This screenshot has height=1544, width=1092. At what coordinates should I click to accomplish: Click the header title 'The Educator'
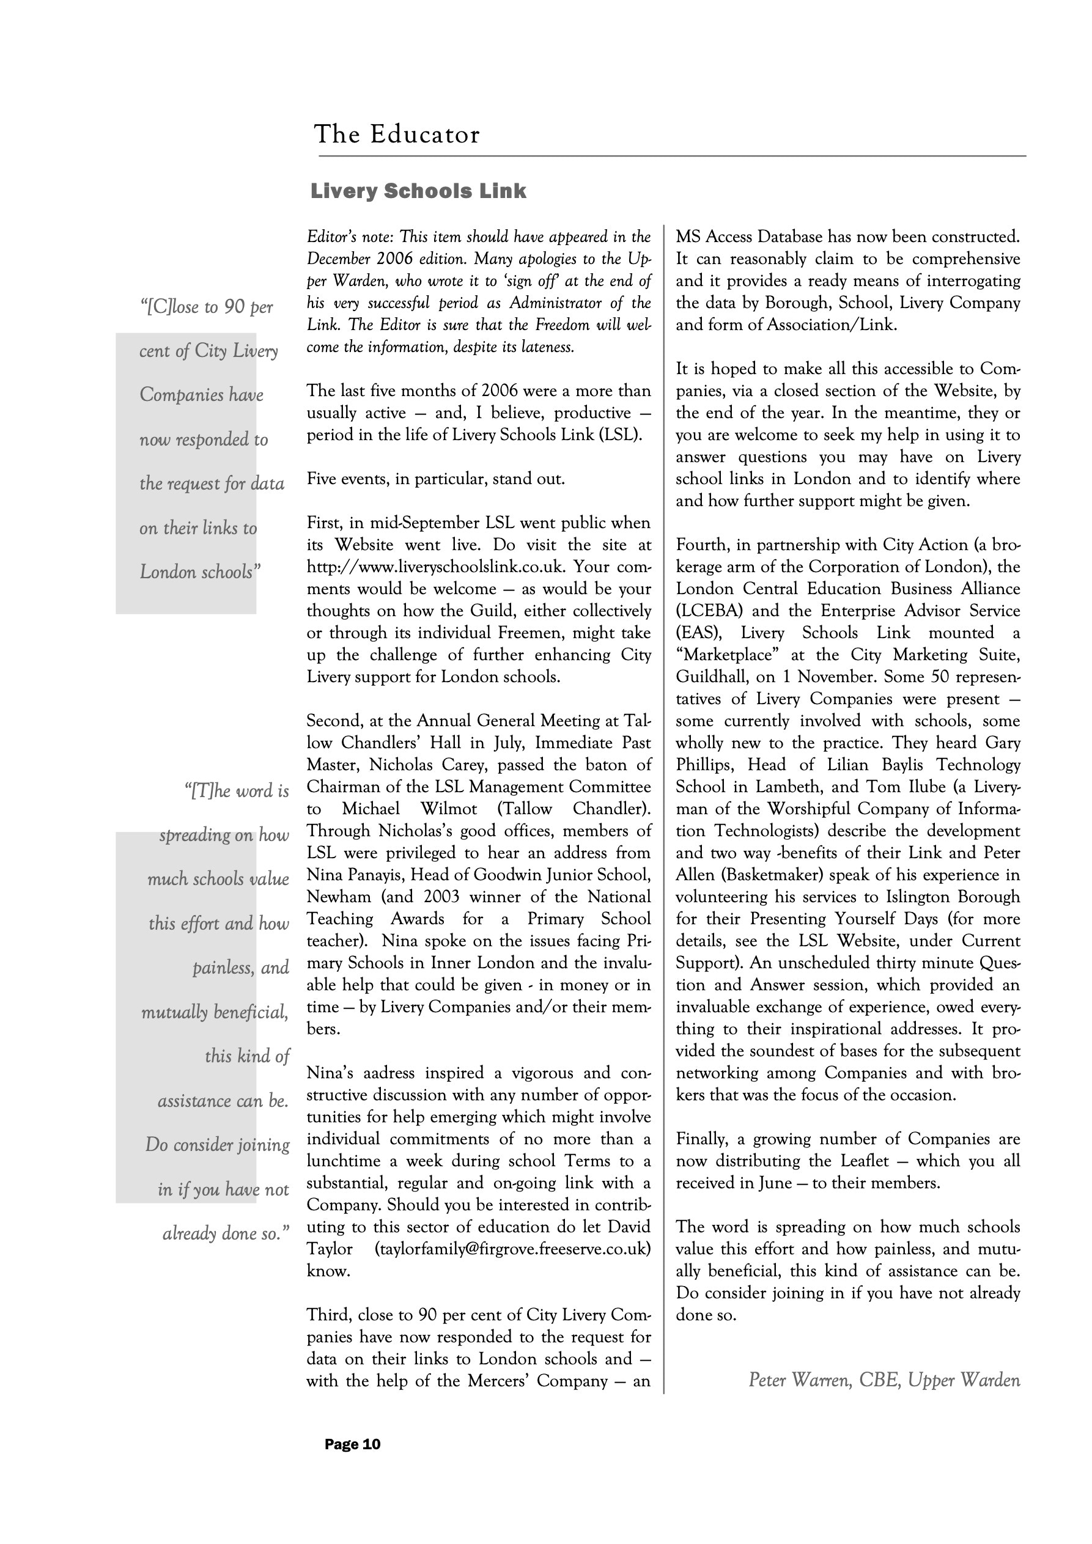397,134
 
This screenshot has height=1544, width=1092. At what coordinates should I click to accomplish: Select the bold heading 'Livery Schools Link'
418,192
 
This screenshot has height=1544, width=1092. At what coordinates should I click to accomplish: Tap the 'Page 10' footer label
353,1444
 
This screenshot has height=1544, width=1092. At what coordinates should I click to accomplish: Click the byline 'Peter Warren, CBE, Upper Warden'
884,1380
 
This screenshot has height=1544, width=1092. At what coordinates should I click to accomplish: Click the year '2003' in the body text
441,897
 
